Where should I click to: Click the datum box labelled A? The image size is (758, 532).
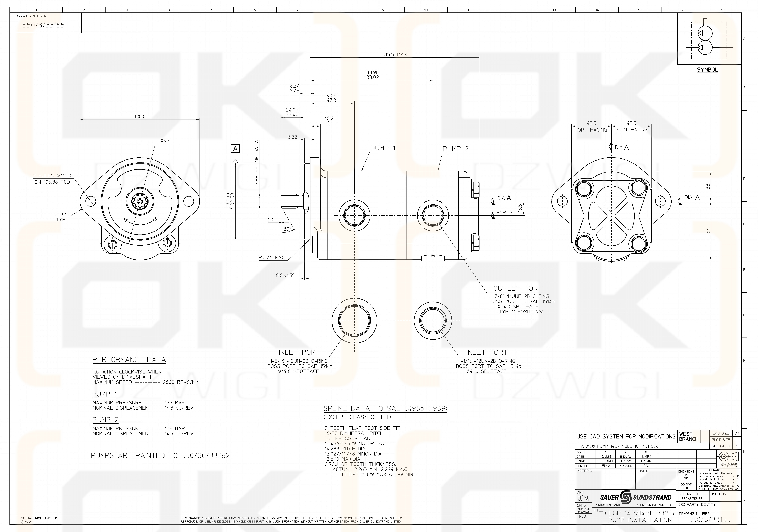pyautogui.click(x=235, y=149)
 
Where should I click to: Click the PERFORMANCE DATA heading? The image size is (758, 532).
pyautogui.click(x=129, y=360)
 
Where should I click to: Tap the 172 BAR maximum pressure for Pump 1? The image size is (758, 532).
pyautogui.click(x=175, y=403)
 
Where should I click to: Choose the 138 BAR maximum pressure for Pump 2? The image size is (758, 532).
pyautogui.click(x=175, y=428)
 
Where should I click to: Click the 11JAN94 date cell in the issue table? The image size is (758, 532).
pyautogui.click(x=646, y=457)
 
